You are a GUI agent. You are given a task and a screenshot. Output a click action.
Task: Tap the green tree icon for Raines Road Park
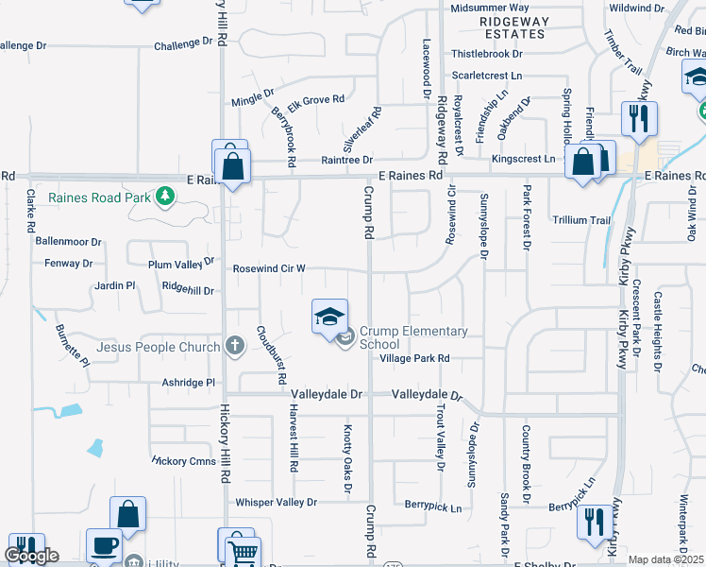tap(165, 197)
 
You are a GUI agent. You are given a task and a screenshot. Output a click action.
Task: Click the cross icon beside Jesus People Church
tap(235, 347)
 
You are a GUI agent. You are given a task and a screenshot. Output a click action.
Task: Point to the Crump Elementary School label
tap(413, 337)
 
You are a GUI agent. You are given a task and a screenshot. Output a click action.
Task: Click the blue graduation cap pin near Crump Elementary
tap(329, 317)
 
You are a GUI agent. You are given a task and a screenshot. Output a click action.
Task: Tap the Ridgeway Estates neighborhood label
tap(513, 26)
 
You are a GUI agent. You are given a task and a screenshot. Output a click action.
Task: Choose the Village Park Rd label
tap(414, 359)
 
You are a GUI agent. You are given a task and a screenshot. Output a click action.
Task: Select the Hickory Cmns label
tap(183, 461)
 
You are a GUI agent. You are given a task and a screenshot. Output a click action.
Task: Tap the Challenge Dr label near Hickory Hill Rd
tap(183, 43)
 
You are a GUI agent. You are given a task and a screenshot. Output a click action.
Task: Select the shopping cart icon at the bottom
tap(244, 551)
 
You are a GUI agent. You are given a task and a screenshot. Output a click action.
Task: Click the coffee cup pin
tap(104, 546)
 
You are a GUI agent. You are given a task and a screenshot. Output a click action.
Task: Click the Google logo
tap(30, 556)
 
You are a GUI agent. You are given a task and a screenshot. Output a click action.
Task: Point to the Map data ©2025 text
tap(666, 559)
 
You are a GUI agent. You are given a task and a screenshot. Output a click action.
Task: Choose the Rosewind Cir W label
tap(269, 268)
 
